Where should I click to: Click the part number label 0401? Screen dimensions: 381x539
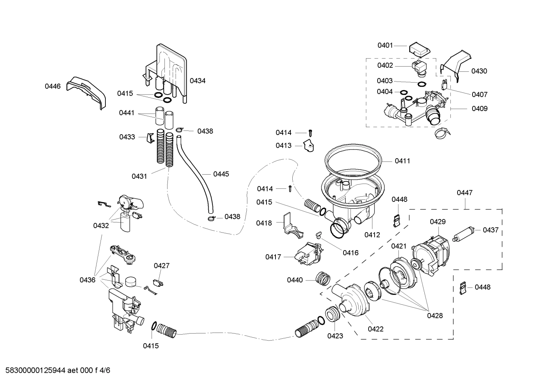point(385,46)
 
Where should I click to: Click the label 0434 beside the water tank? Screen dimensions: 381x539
point(197,81)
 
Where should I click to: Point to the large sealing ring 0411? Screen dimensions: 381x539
point(353,161)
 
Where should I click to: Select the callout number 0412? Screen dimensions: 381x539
point(372,235)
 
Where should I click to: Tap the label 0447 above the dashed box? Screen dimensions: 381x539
point(465,193)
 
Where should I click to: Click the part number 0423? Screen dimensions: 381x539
point(335,336)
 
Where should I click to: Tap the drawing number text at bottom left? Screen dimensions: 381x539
point(55,371)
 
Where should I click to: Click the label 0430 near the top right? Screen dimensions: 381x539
point(479,71)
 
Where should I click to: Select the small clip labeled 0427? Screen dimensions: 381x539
point(158,283)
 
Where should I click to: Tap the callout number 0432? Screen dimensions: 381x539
point(101,225)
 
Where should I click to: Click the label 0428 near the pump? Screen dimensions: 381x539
point(435,316)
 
